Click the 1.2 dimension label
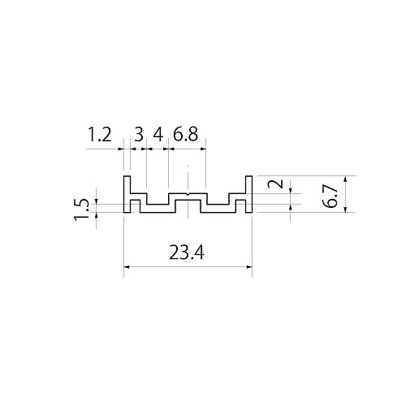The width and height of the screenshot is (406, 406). click(100, 135)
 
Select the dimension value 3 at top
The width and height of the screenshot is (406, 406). click(139, 135)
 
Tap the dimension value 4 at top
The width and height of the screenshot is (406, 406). click(158, 135)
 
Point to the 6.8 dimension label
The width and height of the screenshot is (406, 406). click(185, 134)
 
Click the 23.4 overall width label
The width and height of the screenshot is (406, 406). click(187, 253)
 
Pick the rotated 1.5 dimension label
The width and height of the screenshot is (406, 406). click(81, 209)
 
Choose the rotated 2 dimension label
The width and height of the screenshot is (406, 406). click(275, 184)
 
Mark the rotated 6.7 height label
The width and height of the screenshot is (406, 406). click(331, 197)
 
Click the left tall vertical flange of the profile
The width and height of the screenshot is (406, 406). click(127, 194)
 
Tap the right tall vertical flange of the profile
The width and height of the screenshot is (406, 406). click(249, 194)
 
